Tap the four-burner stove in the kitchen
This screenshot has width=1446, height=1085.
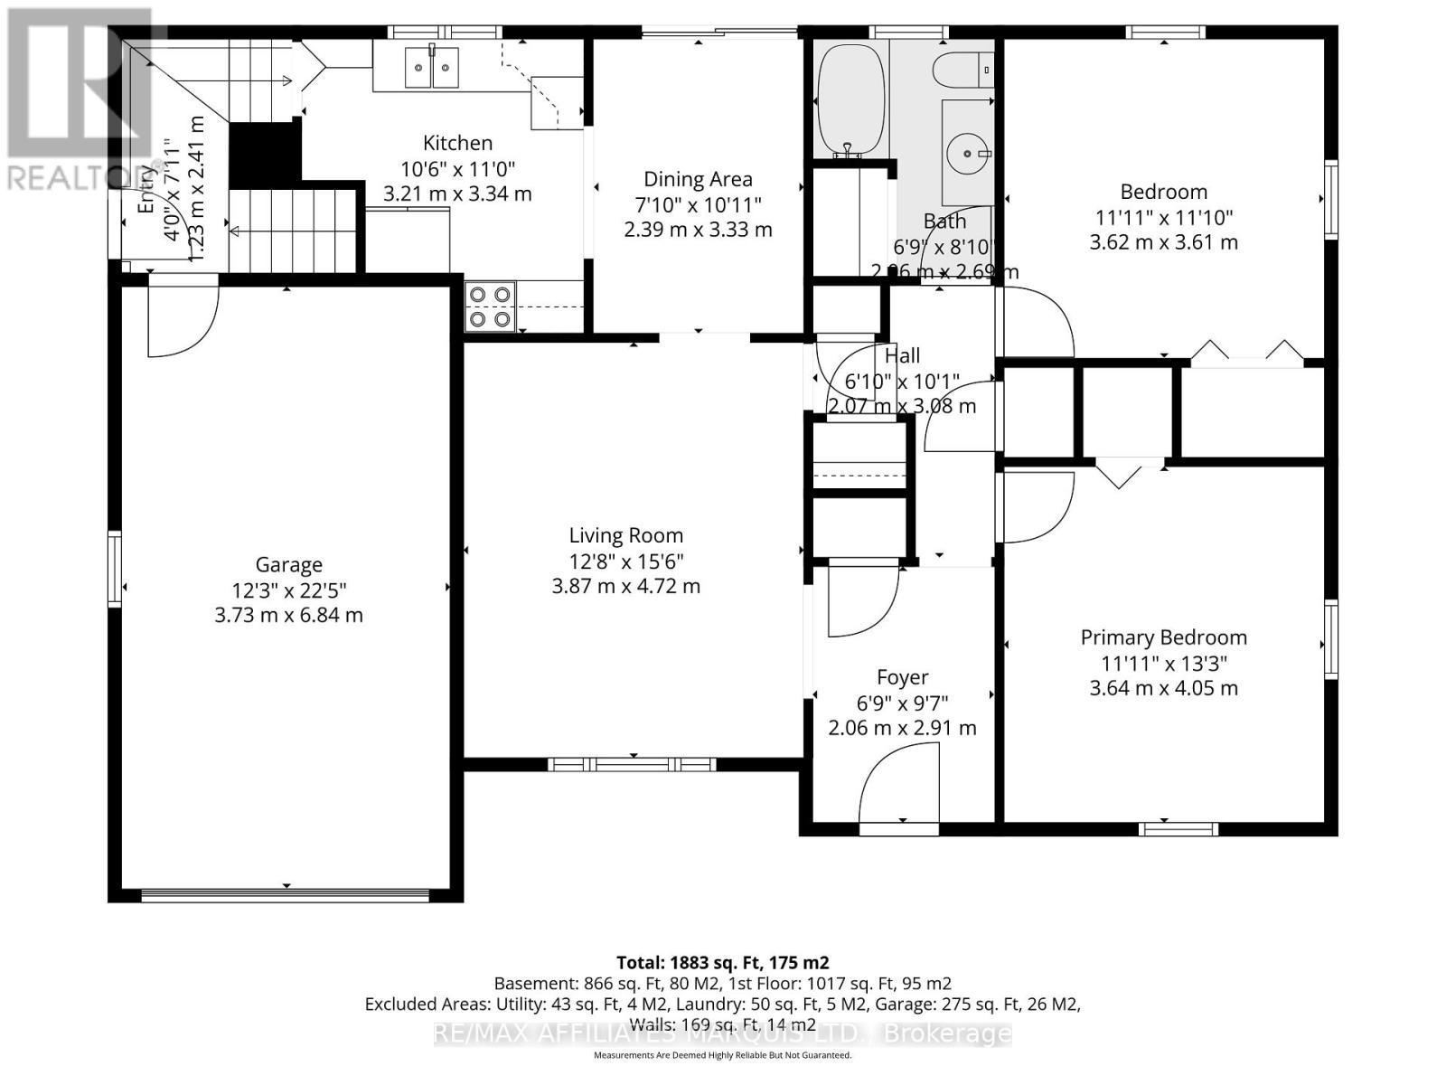490,307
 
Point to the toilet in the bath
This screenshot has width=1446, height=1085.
961,69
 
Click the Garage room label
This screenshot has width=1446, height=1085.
288,565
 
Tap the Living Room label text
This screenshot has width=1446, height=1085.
625,535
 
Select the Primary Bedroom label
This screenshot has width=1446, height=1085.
1163,637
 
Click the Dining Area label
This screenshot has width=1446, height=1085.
697,179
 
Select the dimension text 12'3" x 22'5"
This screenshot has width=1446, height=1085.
288,590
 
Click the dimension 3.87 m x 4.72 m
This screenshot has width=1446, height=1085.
625,586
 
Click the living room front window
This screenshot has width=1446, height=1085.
632,765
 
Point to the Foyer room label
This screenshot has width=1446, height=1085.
902,677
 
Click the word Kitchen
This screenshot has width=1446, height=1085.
457,143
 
